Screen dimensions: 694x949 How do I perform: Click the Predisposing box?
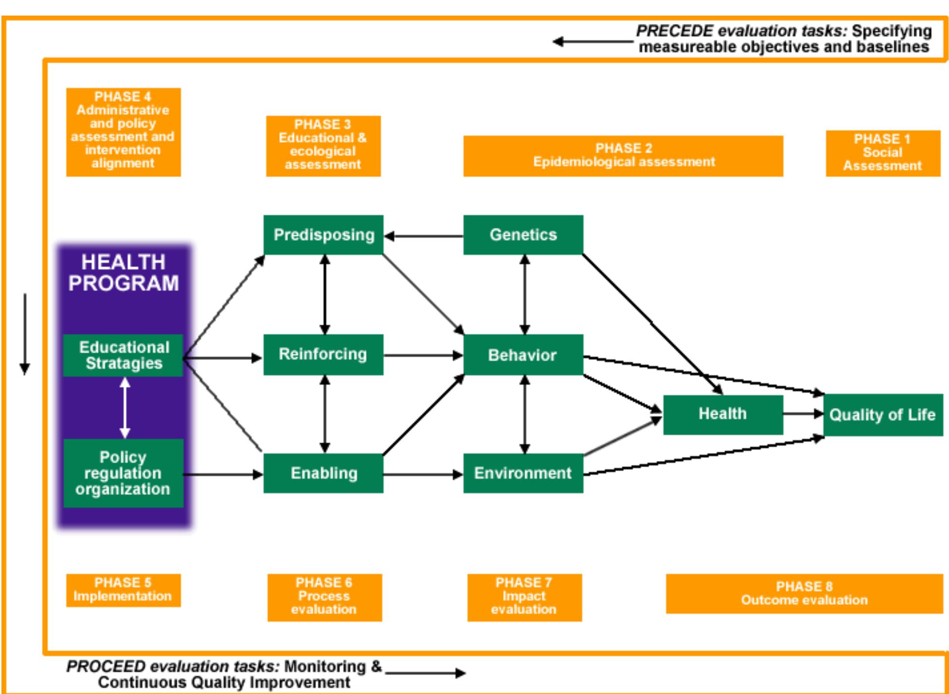tap(323, 235)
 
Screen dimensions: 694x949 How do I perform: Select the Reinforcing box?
tap(323, 354)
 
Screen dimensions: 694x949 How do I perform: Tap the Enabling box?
tap(323, 473)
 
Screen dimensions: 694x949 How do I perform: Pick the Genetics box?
tap(523, 235)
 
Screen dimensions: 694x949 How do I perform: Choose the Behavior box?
tap(523, 355)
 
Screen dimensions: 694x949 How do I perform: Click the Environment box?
tap(523, 473)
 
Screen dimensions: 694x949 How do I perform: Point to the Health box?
tap(723, 414)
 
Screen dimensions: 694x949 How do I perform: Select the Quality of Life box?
tap(882, 415)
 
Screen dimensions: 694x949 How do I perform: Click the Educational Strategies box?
tap(123, 355)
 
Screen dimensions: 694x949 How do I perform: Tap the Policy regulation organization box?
tap(123, 473)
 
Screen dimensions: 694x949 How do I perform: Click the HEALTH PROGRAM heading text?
tap(124, 273)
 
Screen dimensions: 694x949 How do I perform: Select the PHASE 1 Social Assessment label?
tap(883, 153)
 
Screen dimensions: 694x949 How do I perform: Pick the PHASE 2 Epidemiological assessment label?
tap(623, 156)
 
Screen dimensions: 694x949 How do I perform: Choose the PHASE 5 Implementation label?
tap(123, 590)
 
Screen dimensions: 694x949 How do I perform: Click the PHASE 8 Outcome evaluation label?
tap(804, 593)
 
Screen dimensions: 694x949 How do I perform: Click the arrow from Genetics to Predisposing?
tap(423, 237)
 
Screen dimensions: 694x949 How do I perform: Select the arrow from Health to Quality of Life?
tap(803, 414)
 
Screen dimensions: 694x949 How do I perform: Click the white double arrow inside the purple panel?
tap(125, 408)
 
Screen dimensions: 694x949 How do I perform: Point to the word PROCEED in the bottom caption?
tap(106, 666)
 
